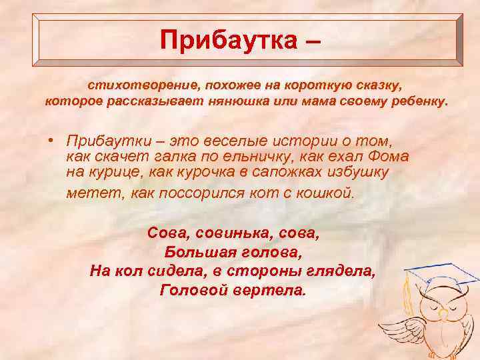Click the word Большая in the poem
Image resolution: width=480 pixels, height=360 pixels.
(x=198, y=253)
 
